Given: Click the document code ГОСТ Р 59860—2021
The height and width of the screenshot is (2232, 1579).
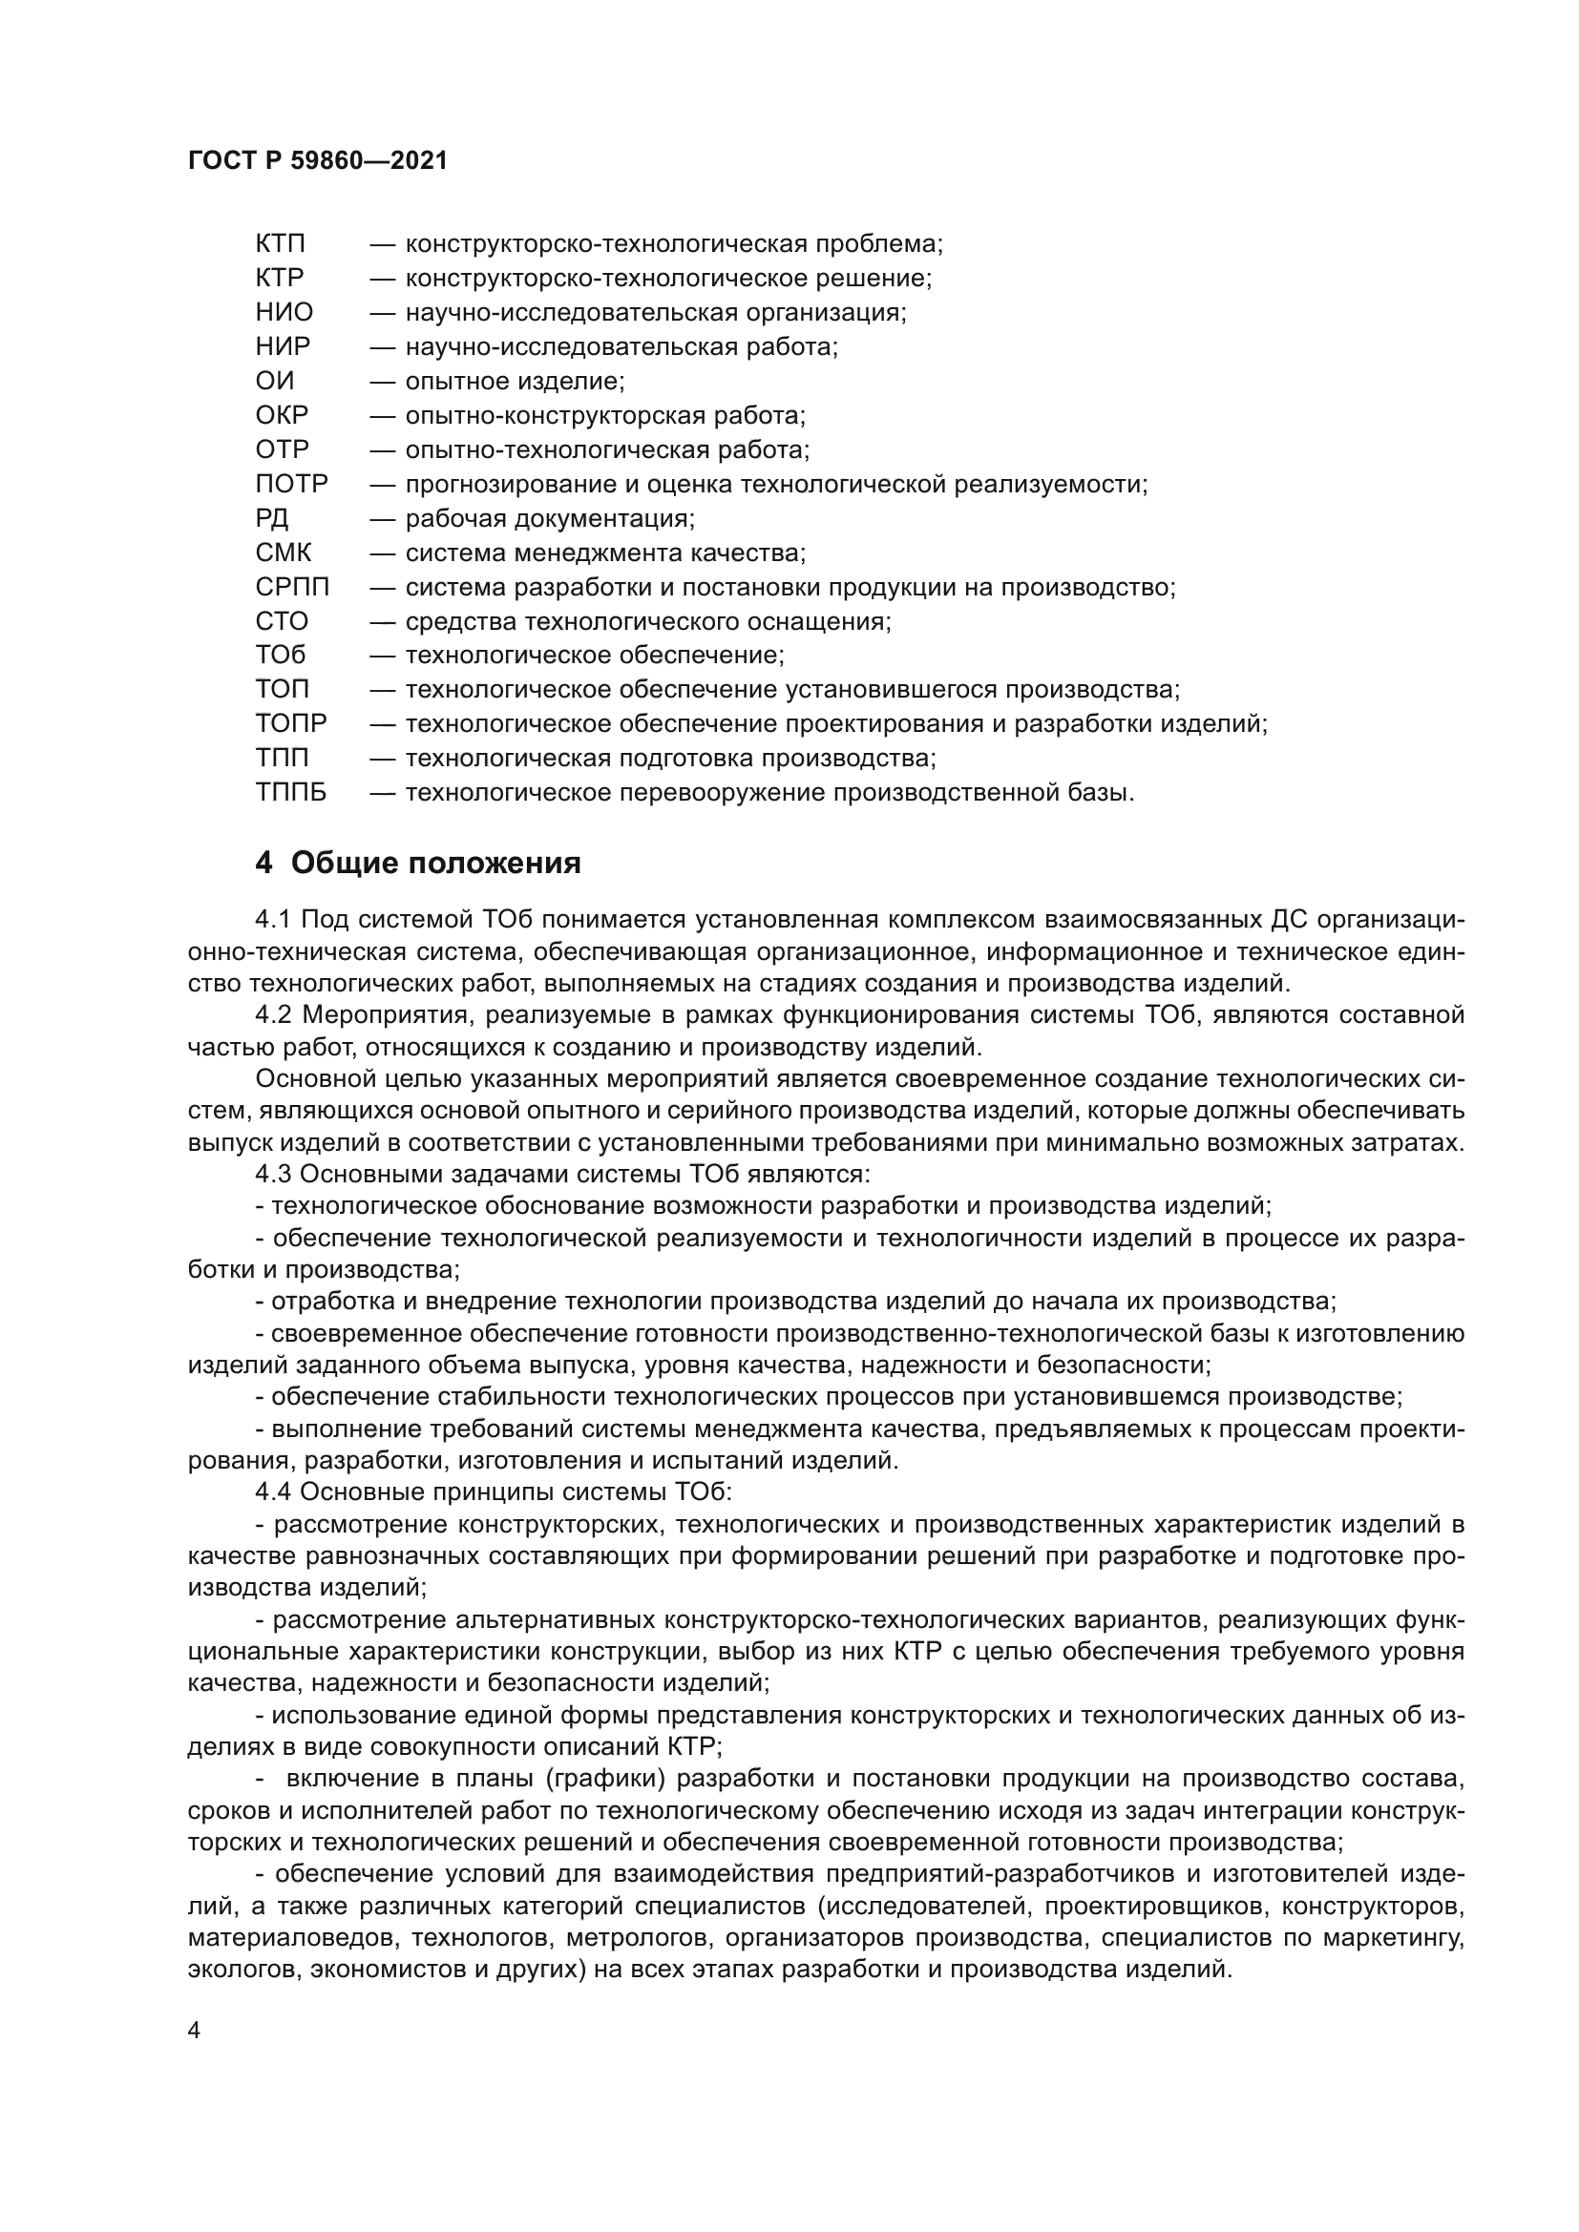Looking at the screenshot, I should (x=317, y=161).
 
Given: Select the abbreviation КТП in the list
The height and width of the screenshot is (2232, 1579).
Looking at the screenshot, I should (x=280, y=244).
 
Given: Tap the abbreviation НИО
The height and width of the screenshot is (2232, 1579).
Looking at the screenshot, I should (x=284, y=312).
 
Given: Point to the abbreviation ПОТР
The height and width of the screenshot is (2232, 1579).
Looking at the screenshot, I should (x=292, y=484).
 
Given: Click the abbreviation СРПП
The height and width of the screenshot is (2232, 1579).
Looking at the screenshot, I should (x=293, y=587).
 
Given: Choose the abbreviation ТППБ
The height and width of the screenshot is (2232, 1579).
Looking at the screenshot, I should (x=291, y=793).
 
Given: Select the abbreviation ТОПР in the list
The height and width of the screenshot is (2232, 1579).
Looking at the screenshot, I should (x=291, y=724).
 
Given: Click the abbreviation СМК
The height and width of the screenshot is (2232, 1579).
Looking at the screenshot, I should (x=283, y=553).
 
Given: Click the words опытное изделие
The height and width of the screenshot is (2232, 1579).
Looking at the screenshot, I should (x=515, y=381).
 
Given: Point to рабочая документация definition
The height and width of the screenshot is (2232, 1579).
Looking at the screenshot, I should (x=549, y=518).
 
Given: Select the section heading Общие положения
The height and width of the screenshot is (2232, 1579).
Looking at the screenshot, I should (x=435, y=864).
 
